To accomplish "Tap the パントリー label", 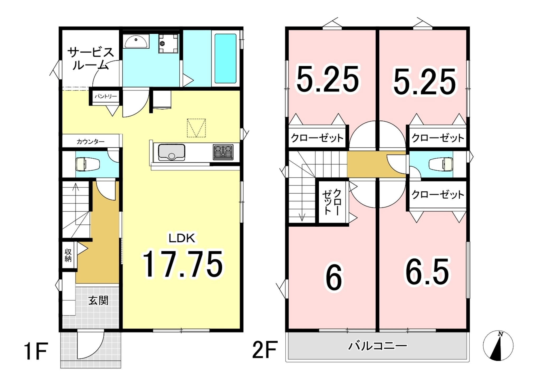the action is [106, 96].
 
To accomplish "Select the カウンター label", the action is [91, 142].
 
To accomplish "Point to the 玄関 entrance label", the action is [98, 300].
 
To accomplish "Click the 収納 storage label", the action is [68, 255].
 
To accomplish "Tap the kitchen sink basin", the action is [171, 152].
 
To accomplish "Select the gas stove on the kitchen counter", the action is [223, 152].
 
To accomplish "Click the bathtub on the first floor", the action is [225, 58].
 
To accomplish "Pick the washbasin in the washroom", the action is [136, 41].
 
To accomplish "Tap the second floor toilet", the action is [441, 164].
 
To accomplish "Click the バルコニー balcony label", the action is [378, 346].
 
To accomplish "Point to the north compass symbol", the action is [498, 346].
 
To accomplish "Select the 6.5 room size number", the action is [427, 272].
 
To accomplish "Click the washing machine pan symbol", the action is [169, 43].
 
